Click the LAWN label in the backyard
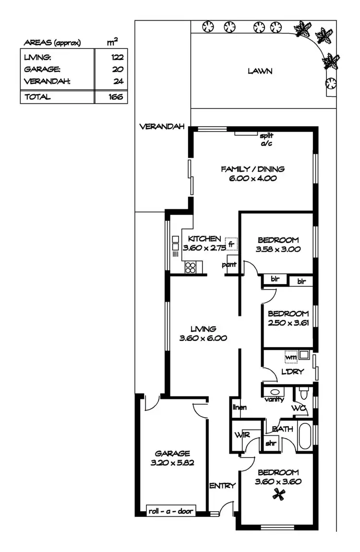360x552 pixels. (x=260, y=71)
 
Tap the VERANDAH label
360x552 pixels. (x=156, y=127)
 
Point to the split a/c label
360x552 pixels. (x=266, y=139)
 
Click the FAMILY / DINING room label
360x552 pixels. (x=252, y=169)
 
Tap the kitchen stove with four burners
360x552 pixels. (x=191, y=267)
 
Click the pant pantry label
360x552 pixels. (x=228, y=264)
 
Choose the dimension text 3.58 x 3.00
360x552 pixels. (x=278, y=249)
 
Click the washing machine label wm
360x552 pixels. (x=290, y=357)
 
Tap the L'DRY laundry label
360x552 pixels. (x=292, y=372)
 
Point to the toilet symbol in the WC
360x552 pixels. (x=302, y=394)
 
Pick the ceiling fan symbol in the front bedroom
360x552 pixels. (x=277, y=493)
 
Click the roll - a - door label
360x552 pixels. (x=170, y=511)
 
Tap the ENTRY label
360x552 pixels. (x=223, y=486)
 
